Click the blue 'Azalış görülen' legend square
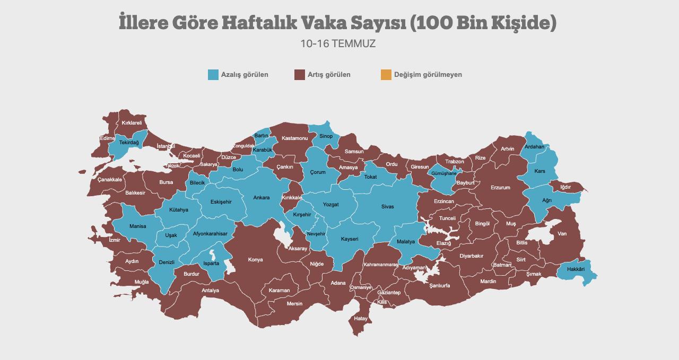click(213, 75)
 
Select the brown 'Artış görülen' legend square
click(299, 75)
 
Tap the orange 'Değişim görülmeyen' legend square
click(386, 75)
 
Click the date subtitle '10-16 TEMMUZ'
click(338, 43)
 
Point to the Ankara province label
click(262, 198)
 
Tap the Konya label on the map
click(255, 260)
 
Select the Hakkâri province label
click(576, 269)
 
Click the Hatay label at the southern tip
click(361, 319)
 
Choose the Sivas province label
click(387, 207)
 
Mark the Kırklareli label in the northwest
click(132, 123)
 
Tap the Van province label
click(562, 234)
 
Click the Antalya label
click(210, 291)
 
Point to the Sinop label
click(326, 136)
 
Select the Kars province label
click(539, 171)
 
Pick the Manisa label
click(137, 226)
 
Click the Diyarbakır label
click(471, 256)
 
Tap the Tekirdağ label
click(129, 143)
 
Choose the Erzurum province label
click(500, 188)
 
